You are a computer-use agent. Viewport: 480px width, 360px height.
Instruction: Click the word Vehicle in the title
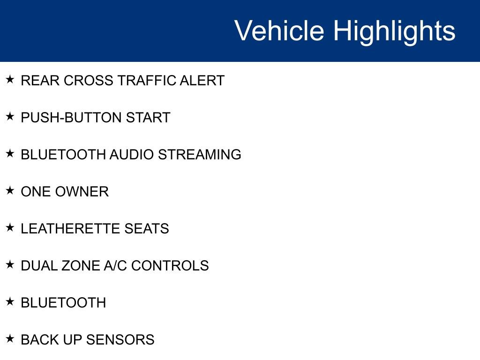click(279, 31)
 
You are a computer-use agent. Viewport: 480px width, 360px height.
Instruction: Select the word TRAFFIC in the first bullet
click(146, 81)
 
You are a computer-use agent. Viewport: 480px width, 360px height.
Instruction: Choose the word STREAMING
click(200, 155)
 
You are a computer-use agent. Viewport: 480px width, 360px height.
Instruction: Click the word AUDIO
click(131, 155)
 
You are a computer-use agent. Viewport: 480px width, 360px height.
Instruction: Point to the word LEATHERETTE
click(71, 229)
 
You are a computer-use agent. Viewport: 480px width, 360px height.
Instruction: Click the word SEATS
click(147, 229)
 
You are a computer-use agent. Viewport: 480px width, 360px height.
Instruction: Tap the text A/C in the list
click(115, 266)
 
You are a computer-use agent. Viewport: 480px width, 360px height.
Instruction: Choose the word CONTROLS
click(170, 266)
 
